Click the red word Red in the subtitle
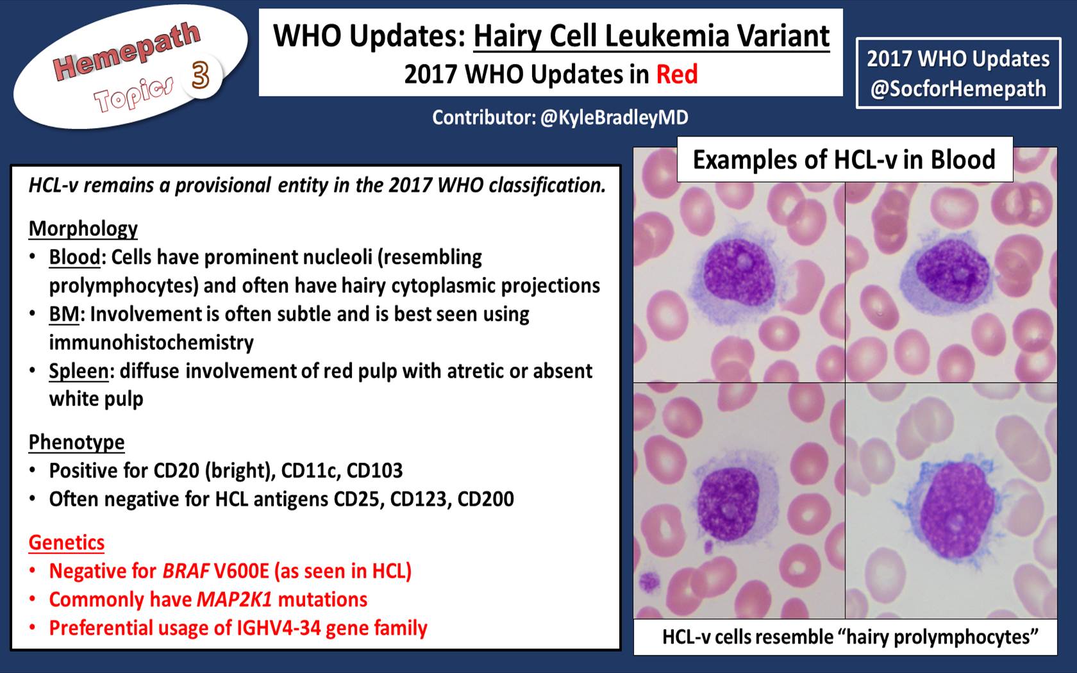point(677,74)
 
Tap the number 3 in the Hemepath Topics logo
point(200,76)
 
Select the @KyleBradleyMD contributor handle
point(614,118)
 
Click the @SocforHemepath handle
point(958,89)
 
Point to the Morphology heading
point(83,229)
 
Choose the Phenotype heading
point(76,442)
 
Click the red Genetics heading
point(67,542)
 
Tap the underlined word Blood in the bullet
point(74,257)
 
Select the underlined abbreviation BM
point(64,314)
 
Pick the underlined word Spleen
point(79,371)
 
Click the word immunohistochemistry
point(151,343)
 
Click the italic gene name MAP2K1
point(235,599)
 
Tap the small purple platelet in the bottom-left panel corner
point(649,581)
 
